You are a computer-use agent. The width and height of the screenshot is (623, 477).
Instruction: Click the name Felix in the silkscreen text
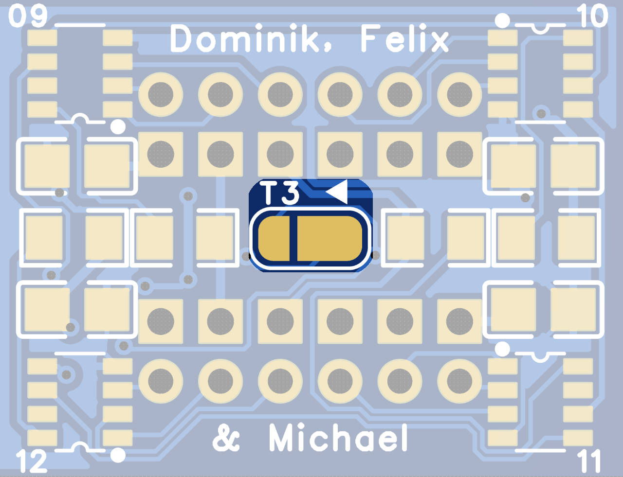click(404, 38)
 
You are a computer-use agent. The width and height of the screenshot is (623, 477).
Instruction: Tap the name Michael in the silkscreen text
click(338, 438)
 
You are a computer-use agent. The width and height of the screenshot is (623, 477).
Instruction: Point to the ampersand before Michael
click(226, 438)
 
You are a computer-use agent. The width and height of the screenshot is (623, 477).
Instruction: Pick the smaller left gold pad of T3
click(273, 239)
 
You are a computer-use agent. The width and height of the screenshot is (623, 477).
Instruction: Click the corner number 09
click(28, 16)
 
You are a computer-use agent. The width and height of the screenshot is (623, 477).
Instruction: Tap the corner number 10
click(592, 16)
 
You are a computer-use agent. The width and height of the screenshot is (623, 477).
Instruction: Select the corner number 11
click(589, 461)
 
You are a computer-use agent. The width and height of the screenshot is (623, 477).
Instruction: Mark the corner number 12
click(32, 461)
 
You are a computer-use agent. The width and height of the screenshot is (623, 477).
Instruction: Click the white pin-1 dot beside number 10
click(502, 21)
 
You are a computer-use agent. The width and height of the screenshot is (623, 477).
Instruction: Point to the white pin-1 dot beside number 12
click(118, 455)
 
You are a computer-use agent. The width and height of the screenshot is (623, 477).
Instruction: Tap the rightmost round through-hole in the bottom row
click(459, 381)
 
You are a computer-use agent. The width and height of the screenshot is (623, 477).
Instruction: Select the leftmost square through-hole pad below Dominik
click(161, 154)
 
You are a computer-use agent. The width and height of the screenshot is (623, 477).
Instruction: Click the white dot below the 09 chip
click(118, 127)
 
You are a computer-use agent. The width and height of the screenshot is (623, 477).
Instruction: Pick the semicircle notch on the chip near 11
click(540, 357)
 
